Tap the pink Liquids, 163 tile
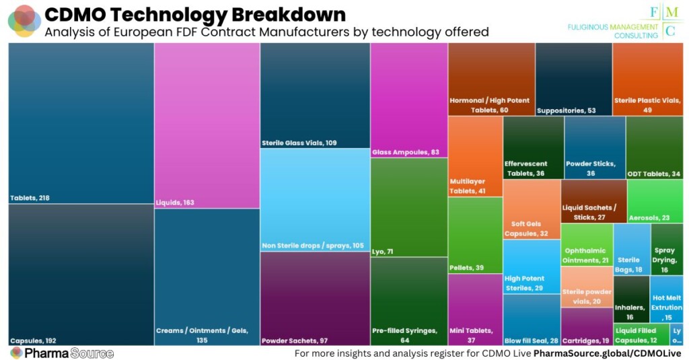[207, 125]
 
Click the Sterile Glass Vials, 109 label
[299, 143]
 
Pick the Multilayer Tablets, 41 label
[475, 186]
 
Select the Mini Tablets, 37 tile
[475, 310]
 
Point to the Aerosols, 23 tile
[655, 201]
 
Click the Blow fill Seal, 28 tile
[531, 320]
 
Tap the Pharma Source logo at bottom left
[62, 353]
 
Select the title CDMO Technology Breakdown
[195, 14]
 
